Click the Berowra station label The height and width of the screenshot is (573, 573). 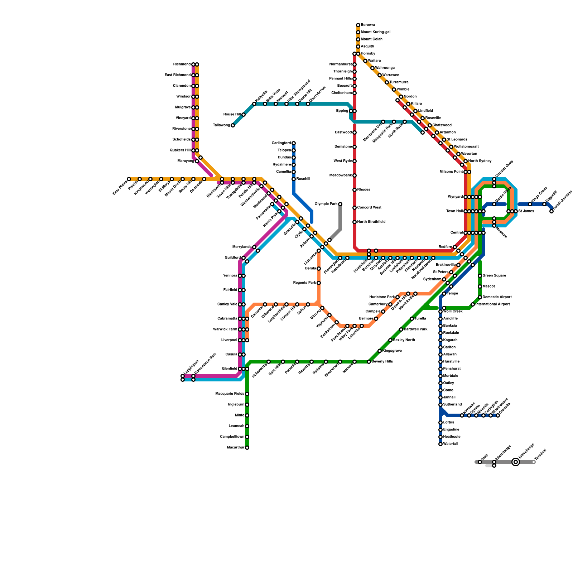pyautogui.click(x=368, y=25)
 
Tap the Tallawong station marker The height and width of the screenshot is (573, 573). pyautogui.click(x=233, y=125)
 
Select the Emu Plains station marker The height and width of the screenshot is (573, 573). pyautogui.click(x=129, y=179)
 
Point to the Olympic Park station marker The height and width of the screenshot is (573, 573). pyautogui.click(x=340, y=204)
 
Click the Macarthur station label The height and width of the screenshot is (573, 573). pyautogui.click(x=236, y=448)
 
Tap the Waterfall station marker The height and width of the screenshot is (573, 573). pyautogui.click(x=440, y=444)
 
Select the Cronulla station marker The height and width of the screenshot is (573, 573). pyautogui.click(x=498, y=415)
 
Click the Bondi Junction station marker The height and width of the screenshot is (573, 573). pyautogui.click(x=552, y=211)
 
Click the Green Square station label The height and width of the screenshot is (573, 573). pyautogui.click(x=494, y=276)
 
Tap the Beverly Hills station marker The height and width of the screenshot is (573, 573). pyautogui.click(x=369, y=362)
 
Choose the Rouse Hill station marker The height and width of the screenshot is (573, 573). pyautogui.click(x=244, y=115)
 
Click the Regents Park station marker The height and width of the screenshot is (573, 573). pyautogui.click(x=319, y=283)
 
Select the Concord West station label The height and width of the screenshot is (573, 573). pyautogui.click(x=369, y=208)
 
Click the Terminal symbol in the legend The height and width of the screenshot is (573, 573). pyautogui.click(x=534, y=462)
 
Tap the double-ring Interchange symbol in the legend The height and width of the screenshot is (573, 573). pyautogui.click(x=516, y=462)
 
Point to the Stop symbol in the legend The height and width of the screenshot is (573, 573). pyautogui.click(x=480, y=462)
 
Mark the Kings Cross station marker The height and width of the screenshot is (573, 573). pyautogui.click(x=530, y=204)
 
